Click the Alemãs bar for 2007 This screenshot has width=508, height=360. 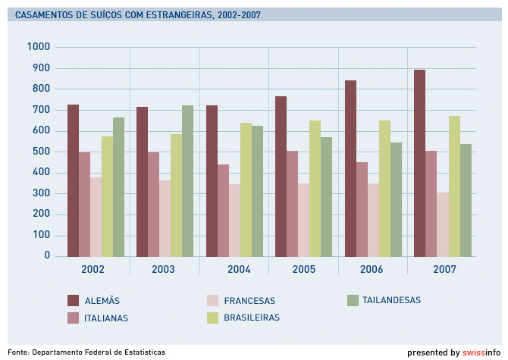(419, 163)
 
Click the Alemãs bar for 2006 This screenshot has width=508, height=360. (350, 168)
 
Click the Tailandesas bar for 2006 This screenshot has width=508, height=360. (396, 199)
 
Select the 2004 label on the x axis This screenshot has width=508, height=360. (239, 270)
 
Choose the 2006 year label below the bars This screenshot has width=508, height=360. (372, 270)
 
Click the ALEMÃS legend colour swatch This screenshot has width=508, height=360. (74, 300)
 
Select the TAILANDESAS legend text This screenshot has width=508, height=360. (391, 300)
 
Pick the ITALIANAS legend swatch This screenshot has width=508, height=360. (74, 318)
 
